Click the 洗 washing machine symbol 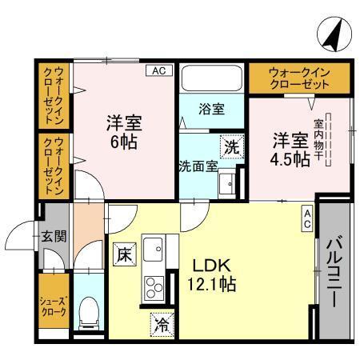click(230, 147)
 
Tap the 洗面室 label click(197, 166)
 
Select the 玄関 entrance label click(54, 237)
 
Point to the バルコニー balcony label click(334, 269)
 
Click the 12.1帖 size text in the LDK click(212, 285)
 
